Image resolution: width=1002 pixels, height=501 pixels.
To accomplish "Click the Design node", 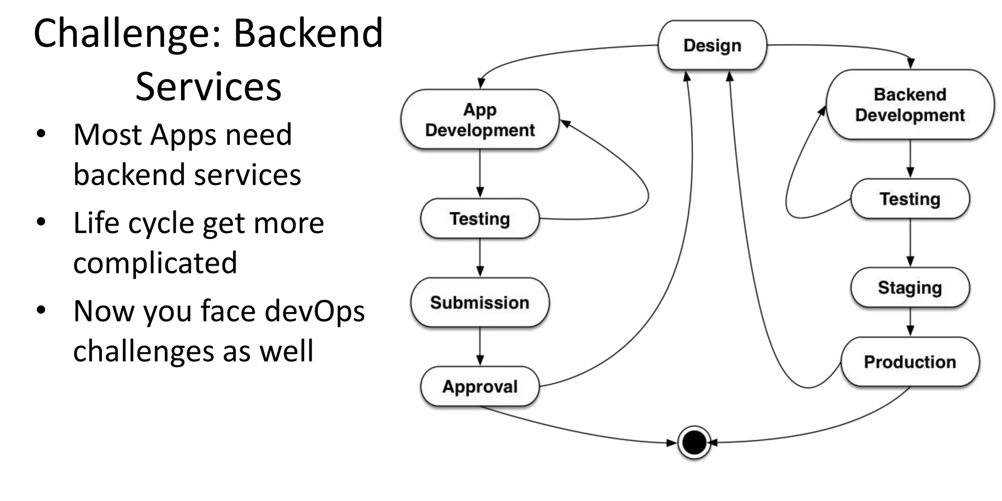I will pos(712,46).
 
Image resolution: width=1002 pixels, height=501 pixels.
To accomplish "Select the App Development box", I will pos(479,119).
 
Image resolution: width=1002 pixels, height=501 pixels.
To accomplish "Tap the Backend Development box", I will pos(910,105).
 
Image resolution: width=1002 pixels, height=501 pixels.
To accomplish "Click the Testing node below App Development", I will pos(479,219).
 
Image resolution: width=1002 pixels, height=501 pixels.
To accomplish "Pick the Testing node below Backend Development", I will pos(910,199).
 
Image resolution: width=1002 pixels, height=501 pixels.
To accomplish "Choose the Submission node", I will pos(479,302).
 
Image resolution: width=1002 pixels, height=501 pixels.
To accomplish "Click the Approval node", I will pos(479,387).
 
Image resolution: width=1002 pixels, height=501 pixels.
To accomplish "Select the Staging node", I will pos(910,288).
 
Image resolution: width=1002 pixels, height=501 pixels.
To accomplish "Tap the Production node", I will pos(910,362).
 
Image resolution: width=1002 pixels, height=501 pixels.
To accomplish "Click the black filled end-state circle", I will pos(694,443).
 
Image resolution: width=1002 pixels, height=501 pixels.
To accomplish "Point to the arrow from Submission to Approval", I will pos(479,346).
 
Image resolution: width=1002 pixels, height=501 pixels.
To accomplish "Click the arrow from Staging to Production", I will pos(910,322).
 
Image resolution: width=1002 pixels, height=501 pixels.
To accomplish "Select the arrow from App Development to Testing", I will pos(479,174).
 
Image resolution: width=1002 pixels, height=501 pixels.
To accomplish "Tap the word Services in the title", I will pos(208,87).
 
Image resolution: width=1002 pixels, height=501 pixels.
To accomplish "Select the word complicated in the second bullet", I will pos(155,263).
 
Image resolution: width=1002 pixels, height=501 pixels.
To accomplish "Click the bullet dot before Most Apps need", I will pos(41,134).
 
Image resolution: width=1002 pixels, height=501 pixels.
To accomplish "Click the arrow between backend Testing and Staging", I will pos(910,243).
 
